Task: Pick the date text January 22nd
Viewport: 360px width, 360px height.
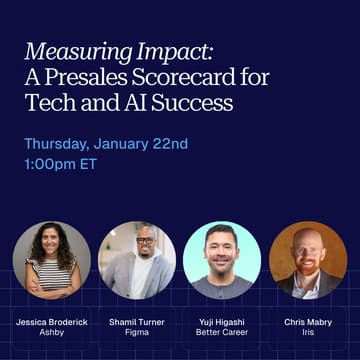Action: coord(146,144)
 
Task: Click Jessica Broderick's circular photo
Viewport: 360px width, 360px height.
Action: coord(51,260)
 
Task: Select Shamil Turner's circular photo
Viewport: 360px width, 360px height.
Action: coord(137,260)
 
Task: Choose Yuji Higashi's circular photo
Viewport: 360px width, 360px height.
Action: coord(222,260)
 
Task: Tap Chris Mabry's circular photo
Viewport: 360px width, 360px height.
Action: coord(308,260)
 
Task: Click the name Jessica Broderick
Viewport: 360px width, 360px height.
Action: coord(51,323)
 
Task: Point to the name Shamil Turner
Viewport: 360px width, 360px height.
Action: coord(137,323)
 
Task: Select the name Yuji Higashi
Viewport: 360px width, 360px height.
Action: coord(222,323)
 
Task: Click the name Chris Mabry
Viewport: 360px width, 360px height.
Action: coord(308,323)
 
